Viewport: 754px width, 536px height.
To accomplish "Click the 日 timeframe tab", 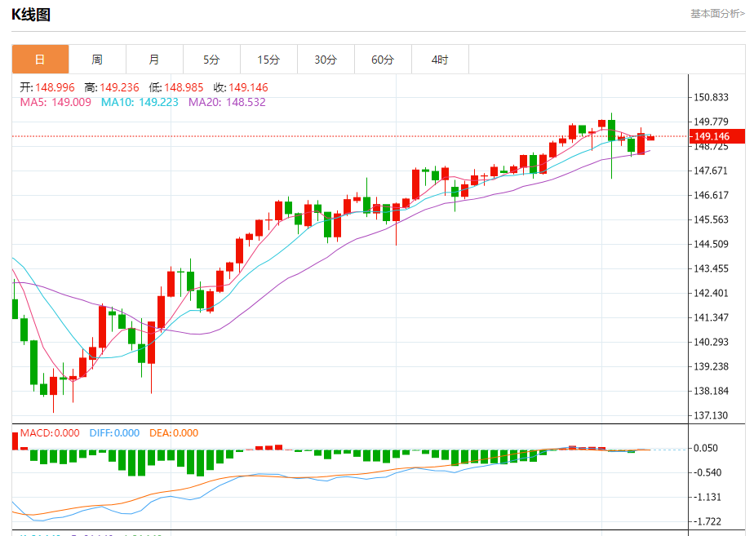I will coord(40,60).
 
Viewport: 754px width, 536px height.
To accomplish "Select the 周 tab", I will coord(97,60).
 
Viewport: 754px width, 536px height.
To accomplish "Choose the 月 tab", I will coord(154,60).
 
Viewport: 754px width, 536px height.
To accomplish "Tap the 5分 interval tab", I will coord(211,60).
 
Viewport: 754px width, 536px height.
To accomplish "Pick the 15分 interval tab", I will coord(268,60).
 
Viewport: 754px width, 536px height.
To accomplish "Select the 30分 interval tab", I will coord(326,60).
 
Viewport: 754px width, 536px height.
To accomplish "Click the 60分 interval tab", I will coord(383,60).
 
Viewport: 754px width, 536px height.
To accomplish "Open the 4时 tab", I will coord(440,60).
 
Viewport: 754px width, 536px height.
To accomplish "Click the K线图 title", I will coord(31,14).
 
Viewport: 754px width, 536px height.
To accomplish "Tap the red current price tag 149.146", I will coord(715,136).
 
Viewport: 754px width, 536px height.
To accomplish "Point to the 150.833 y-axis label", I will coord(710,97).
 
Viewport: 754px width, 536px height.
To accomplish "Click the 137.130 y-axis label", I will coord(710,415).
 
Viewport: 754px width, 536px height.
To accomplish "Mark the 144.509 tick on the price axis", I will coord(710,244).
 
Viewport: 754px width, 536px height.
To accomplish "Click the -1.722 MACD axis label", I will coord(707,521).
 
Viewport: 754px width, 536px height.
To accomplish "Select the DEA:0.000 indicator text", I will coord(174,433).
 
